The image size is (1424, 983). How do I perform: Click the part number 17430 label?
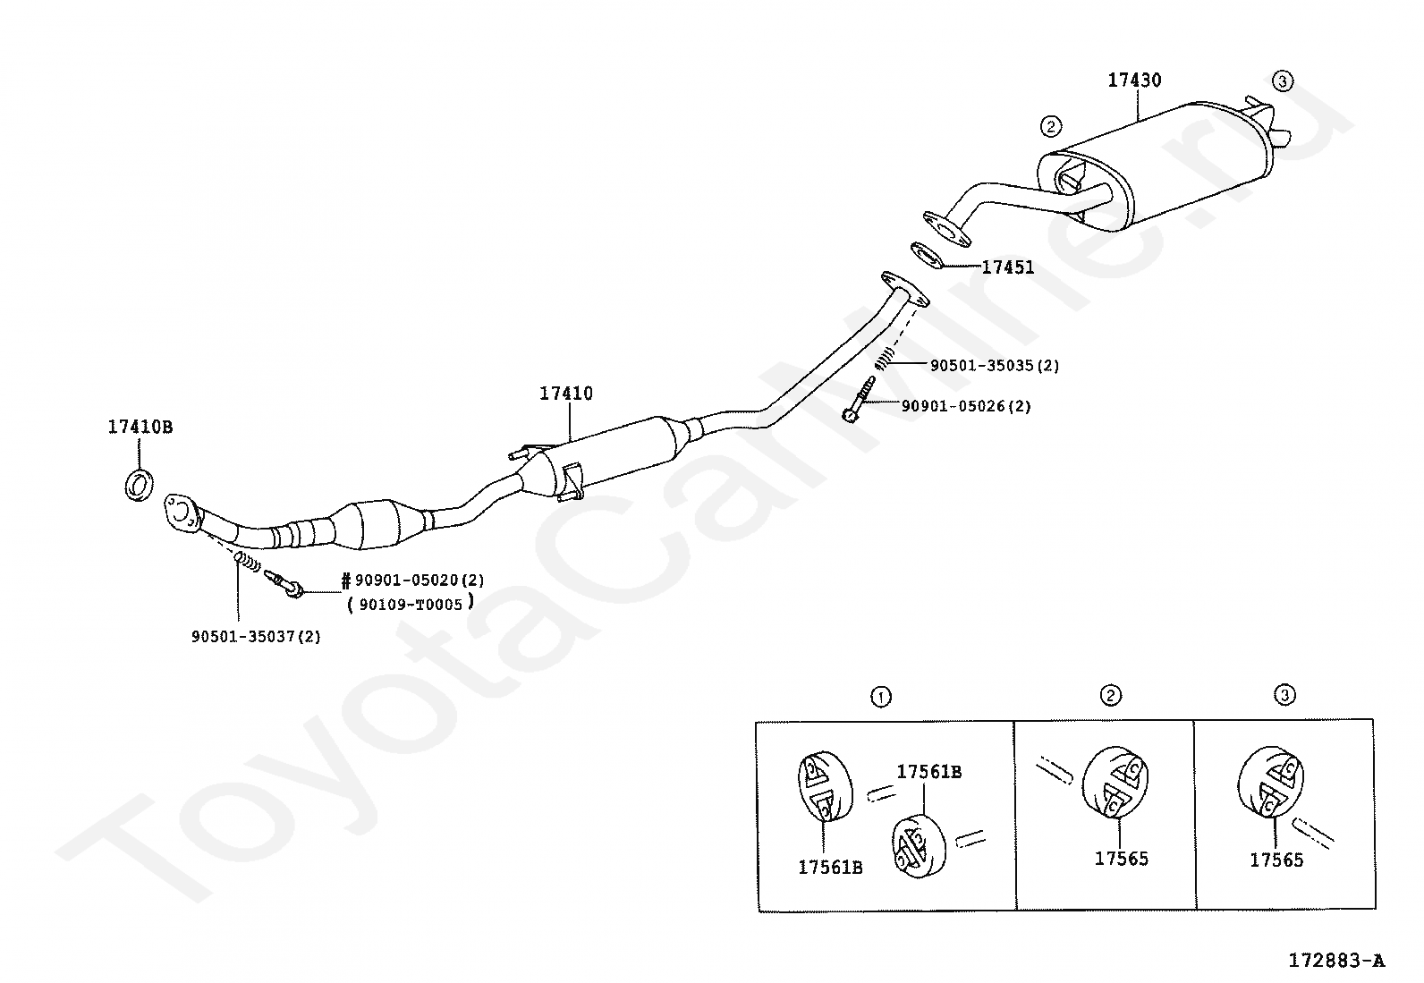1134,81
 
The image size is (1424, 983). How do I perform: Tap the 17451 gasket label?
1007,267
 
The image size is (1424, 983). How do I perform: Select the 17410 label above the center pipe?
566,394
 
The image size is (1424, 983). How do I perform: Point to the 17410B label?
140,427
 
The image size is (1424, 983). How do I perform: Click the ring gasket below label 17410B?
139,485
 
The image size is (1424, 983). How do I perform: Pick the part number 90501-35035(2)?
995,366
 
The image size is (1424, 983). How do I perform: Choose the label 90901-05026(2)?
966,406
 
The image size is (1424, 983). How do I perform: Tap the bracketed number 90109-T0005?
411,605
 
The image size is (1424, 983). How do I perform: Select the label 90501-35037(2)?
256,637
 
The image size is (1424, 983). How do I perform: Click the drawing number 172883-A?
1336,960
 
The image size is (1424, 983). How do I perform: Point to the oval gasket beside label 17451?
927,255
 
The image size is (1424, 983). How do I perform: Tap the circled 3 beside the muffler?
1283,81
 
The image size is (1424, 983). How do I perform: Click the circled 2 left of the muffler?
1051,126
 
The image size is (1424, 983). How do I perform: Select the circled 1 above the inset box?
880,697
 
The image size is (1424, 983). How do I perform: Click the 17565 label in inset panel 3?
1276,860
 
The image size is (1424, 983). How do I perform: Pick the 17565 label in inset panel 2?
1122,859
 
